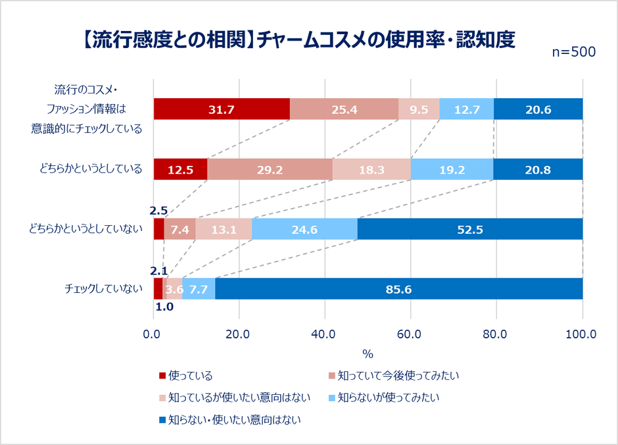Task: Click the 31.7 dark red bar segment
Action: (222, 109)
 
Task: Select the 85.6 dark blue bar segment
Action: (398, 289)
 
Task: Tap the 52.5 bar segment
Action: (469, 229)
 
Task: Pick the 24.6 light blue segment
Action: (305, 229)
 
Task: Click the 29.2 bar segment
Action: (270, 169)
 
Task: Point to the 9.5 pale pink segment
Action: (419, 109)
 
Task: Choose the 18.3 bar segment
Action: (371, 169)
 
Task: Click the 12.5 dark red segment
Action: (180, 169)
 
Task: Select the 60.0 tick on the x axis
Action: (410, 334)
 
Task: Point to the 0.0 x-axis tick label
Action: (153, 334)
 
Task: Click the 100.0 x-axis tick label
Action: (581, 334)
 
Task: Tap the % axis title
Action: (368, 354)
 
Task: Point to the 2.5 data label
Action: (158, 211)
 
